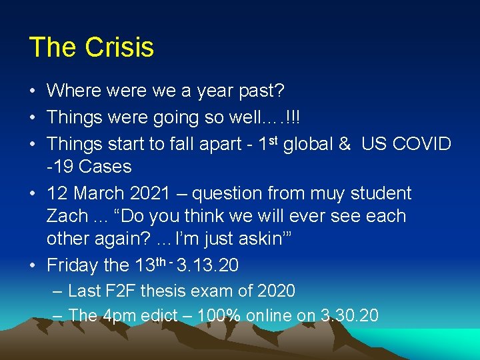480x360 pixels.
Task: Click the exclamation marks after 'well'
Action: [x=309, y=117]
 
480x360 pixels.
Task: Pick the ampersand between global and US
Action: [x=345, y=145]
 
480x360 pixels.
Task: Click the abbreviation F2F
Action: [x=118, y=291]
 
